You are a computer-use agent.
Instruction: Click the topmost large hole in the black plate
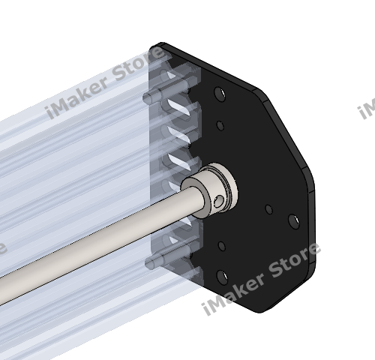[x=218, y=94]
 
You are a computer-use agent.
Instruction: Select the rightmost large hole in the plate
[x=293, y=220]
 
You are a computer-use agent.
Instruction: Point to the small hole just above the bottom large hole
[x=222, y=245]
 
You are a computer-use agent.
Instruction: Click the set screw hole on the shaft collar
[x=217, y=199]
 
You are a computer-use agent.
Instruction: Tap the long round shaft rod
[x=97, y=247]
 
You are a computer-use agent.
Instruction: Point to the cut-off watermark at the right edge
[x=367, y=109]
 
